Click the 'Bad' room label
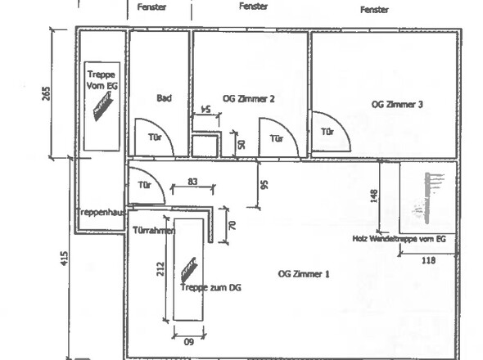click(165, 98)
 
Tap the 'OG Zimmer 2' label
click(248, 99)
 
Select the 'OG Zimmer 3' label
click(397, 105)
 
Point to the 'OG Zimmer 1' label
click(304, 274)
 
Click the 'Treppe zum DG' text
click(210, 288)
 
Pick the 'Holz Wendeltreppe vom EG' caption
click(399, 239)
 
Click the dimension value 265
click(46, 93)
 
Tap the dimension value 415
click(64, 259)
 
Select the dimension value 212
click(160, 269)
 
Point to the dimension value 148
click(373, 196)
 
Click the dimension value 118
click(428, 260)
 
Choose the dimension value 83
click(192, 182)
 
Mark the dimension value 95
click(264, 184)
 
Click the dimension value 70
click(232, 226)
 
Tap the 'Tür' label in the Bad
click(155, 137)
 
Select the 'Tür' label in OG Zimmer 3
click(327, 132)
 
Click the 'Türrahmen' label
click(154, 231)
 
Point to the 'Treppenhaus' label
click(101, 212)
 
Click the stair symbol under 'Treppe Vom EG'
click(103, 107)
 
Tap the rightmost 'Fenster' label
click(374, 10)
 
